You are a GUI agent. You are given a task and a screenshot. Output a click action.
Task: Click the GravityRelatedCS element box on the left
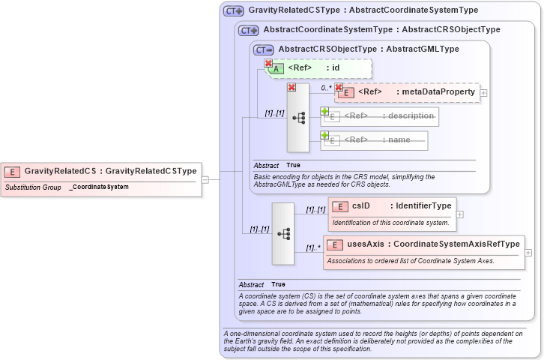tap(101, 171)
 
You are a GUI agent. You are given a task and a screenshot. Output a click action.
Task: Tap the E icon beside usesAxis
tap(334, 244)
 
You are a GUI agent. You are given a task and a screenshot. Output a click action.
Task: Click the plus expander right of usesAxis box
tap(528, 253)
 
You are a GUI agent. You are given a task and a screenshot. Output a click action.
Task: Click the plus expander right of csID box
tap(460, 214)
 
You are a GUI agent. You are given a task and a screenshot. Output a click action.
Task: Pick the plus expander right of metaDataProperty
tap(483, 92)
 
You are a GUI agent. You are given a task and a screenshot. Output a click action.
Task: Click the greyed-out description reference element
tap(382, 116)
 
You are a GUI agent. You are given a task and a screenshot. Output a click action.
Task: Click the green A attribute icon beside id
tap(276, 68)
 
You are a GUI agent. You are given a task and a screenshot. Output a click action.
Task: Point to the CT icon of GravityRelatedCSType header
tap(234, 11)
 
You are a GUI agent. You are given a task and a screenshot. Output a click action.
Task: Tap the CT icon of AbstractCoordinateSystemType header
tap(249, 30)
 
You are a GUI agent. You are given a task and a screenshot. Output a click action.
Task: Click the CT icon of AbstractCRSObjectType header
tap(264, 49)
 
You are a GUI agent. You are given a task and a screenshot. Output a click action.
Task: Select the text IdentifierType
tap(423, 205)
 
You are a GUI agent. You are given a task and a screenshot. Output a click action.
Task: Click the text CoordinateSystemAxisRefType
tap(456, 244)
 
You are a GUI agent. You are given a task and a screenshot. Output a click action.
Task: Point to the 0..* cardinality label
tap(326, 88)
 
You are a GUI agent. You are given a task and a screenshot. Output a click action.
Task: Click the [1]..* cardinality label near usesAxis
tap(312, 248)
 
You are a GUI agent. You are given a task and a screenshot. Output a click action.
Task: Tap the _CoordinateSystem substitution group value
tap(99, 187)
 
